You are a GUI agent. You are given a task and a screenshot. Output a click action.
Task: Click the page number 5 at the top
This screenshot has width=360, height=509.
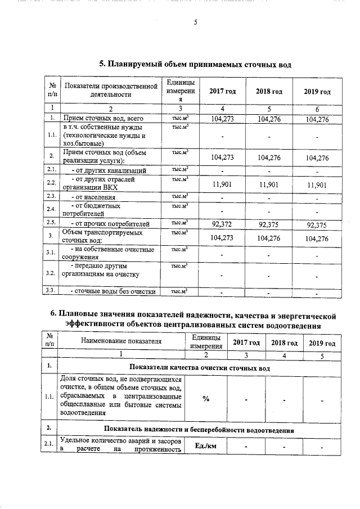(x=195, y=22)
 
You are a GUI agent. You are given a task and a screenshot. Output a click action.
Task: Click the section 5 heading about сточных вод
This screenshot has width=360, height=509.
(x=195, y=65)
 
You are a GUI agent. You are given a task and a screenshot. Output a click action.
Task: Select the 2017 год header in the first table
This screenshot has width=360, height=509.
(x=222, y=92)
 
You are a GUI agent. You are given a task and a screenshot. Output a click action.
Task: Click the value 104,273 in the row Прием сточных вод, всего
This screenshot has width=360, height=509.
(x=222, y=119)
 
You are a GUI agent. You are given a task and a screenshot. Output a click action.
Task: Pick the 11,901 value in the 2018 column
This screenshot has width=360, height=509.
(x=269, y=184)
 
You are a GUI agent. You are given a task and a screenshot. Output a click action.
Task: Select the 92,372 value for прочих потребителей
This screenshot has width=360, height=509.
(x=222, y=224)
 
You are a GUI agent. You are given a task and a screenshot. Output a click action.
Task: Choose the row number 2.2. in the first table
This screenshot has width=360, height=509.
(x=51, y=183)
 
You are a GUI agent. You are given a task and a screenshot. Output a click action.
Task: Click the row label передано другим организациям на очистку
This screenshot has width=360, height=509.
(x=105, y=269)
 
